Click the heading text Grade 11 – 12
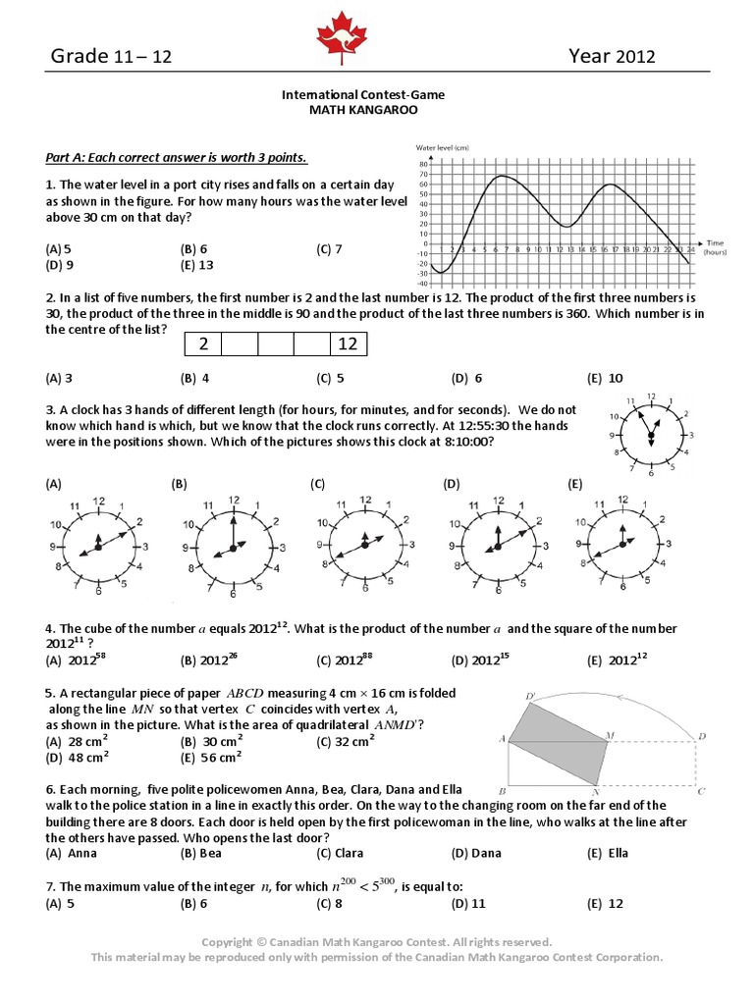(111, 57)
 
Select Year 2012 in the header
(612, 57)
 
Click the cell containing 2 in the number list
(204, 344)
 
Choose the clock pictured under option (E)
(621, 545)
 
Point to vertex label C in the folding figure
(701, 790)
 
